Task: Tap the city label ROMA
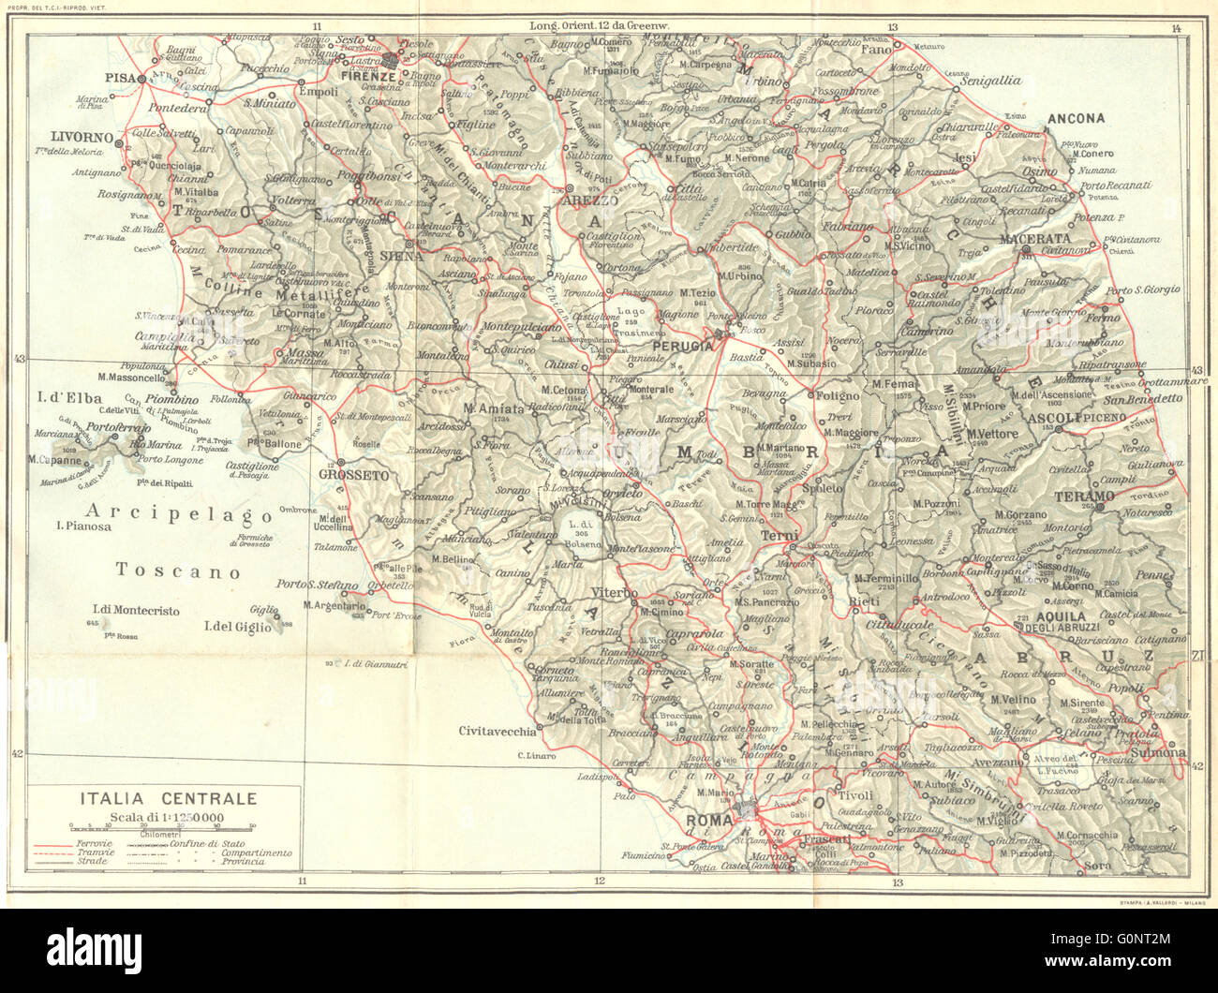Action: [708, 822]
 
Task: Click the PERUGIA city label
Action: [675, 345]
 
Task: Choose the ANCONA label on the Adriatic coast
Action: [1076, 119]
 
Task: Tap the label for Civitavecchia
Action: [498, 731]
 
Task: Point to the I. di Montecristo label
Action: [136, 611]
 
